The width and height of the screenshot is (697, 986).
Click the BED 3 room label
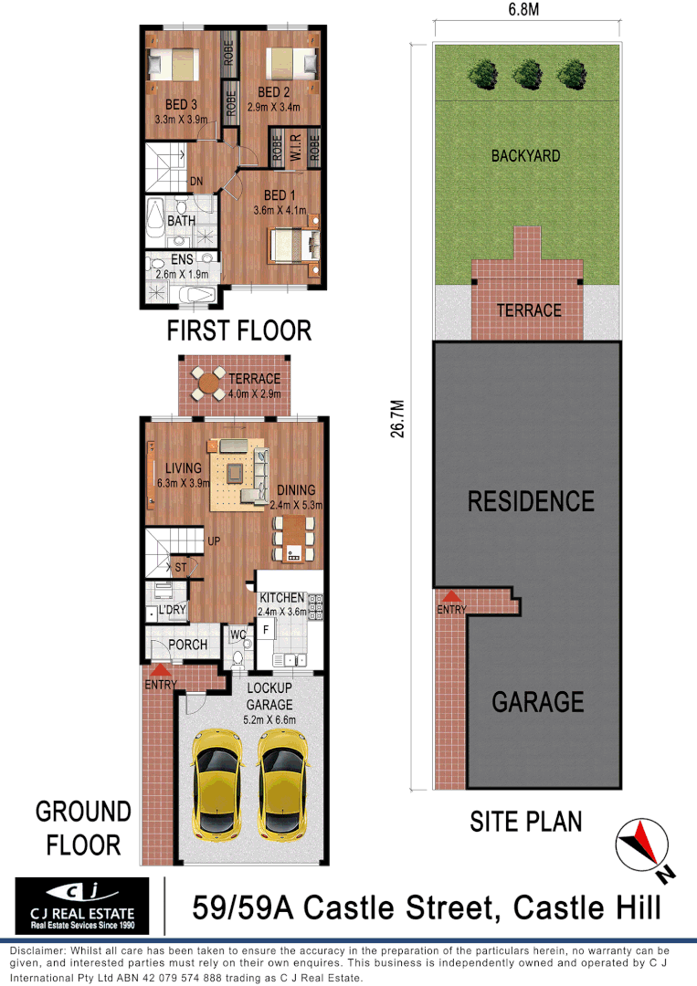tap(183, 106)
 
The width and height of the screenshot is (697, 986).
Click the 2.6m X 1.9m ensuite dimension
tap(182, 274)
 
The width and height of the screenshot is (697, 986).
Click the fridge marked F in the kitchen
tap(268, 629)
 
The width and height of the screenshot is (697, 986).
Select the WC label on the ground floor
tap(238, 635)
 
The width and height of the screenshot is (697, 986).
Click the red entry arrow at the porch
tap(159, 672)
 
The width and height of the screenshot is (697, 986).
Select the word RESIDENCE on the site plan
tap(531, 501)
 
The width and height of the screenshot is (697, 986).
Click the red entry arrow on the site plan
tap(450, 596)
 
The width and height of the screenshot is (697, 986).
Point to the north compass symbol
tap(641, 845)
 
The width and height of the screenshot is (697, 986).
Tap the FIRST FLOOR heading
tap(238, 330)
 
